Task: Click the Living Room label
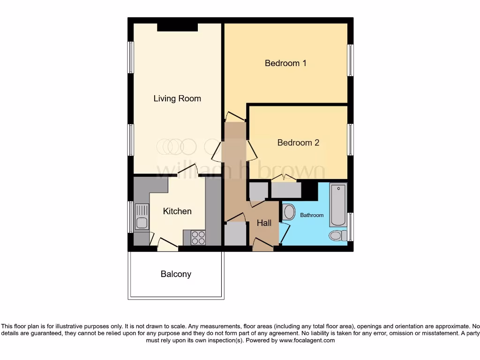177,98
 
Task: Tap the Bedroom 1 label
285,63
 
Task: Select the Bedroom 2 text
298,142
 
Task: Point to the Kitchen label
177,211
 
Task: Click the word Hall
264,223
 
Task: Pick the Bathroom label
312,215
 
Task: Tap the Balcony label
176,274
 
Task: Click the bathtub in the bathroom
338,205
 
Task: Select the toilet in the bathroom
337,235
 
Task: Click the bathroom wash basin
289,212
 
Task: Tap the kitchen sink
142,217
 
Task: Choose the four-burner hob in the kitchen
199,238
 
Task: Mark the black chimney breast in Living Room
177,27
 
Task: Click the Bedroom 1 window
350,60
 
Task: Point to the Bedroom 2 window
350,139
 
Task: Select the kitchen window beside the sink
131,217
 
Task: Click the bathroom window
350,227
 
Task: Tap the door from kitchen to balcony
167,244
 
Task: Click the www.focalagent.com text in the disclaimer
307,340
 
